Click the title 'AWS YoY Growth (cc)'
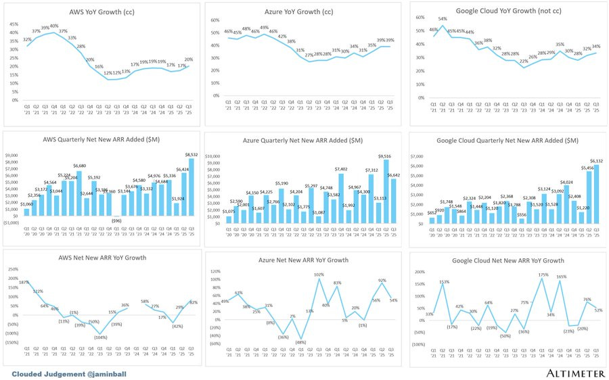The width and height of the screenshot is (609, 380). pos(101,12)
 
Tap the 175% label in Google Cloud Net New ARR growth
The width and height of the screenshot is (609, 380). pos(543,275)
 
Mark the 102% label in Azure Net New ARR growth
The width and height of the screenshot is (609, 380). pos(319,275)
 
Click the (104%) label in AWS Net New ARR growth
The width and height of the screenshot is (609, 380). pos(100,337)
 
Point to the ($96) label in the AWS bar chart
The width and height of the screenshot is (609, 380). pos(116,220)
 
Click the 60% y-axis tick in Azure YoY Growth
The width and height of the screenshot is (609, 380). pos(215,20)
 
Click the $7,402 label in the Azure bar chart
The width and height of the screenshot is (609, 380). pos(340,169)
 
